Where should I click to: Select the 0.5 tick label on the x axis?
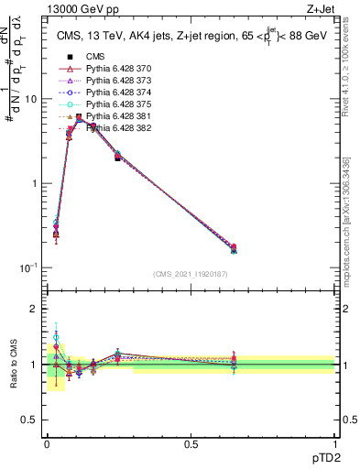tap(191, 444)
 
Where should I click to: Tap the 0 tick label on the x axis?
tap(47, 444)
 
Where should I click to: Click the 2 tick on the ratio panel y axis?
tap(35, 309)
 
